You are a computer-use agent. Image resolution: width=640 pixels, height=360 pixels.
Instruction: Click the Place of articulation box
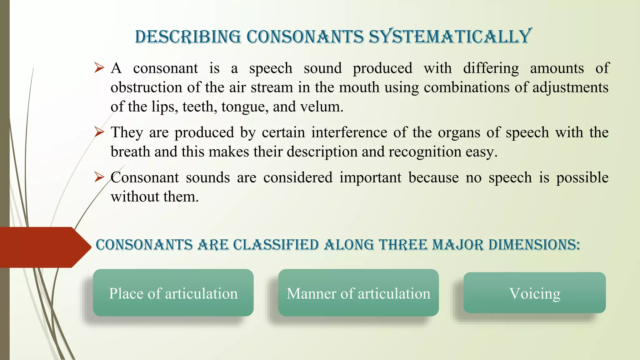(173, 293)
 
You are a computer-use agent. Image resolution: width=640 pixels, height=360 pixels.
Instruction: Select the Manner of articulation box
(358, 293)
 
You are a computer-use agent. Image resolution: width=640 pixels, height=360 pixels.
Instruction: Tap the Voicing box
(534, 293)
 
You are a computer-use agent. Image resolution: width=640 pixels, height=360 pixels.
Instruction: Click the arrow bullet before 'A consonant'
(99, 67)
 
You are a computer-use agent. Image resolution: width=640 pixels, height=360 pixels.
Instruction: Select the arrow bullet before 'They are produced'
(99, 132)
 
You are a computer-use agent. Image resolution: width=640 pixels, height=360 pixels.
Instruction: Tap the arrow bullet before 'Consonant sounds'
(99, 177)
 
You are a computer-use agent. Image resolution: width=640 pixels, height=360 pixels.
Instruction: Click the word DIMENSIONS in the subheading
(534, 245)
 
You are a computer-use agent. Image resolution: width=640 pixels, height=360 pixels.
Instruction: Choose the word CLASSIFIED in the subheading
(276, 245)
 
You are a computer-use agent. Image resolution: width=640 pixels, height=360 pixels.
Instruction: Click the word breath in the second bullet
(130, 152)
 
